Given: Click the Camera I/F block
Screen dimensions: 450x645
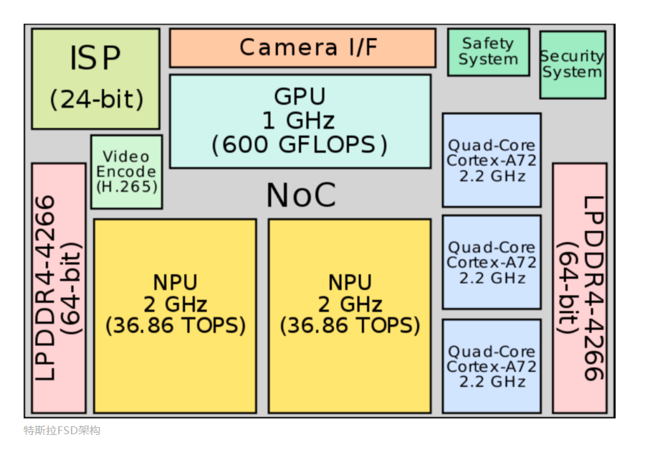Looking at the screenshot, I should coord(302,48).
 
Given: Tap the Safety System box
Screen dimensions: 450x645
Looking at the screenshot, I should coord(488,52).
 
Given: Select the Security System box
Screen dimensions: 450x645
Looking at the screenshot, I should coord(572,65).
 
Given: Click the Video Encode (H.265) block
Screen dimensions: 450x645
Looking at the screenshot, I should coord(126,172).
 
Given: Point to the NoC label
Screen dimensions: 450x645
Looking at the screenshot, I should coord(301,195).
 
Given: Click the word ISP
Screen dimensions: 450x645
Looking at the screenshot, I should coord(95,59).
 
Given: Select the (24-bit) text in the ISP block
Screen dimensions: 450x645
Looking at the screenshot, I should coord(96,100).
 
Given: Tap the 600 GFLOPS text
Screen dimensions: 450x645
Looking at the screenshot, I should coord(300,144).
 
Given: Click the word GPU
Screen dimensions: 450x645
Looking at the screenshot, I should coord(300,96).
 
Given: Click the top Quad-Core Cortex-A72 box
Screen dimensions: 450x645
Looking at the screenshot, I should coord(491,160).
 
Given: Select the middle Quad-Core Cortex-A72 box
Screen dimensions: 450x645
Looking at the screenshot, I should coord(491,262).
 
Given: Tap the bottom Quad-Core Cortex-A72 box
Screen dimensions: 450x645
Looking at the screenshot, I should coord(491,366).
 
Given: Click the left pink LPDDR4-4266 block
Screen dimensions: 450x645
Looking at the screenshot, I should coord(58,288).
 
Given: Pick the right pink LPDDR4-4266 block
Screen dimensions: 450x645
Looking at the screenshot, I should coord(579,288).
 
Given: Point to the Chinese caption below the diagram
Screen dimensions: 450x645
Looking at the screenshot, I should coord(62,431).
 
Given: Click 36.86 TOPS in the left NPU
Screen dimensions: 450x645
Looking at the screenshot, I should coord(175,326).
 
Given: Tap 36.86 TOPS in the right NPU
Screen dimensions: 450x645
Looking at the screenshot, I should coord(350,326).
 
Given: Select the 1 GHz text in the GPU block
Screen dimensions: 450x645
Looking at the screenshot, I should coord(300,120).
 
